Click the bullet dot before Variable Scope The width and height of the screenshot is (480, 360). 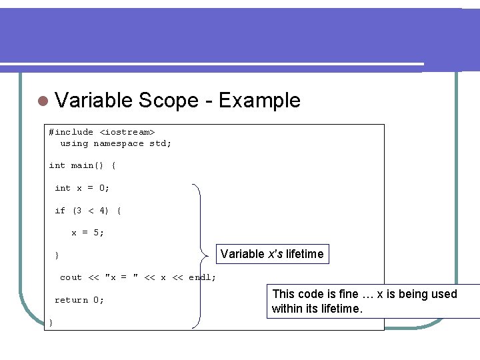pos(43,101)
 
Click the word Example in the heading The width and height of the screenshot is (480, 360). pos(259,101)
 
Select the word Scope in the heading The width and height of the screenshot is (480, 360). pos(169,101)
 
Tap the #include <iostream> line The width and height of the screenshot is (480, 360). pos(101,132)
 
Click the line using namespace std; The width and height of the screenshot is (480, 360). pos(115,143)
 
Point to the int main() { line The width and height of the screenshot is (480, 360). pos(82,165)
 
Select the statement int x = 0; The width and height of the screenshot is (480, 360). pos(82,188)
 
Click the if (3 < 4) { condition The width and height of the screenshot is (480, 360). pos(87,211)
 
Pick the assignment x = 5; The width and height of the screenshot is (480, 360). pos(87,233)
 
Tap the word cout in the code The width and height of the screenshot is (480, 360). pos(71,278)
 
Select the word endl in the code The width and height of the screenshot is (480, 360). pos(200,278)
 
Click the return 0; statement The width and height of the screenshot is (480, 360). pos(79,301)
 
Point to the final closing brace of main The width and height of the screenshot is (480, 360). pos(51,323)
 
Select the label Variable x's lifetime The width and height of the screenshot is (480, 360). pos(271,254)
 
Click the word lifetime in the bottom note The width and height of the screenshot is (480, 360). pos(339,309)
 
